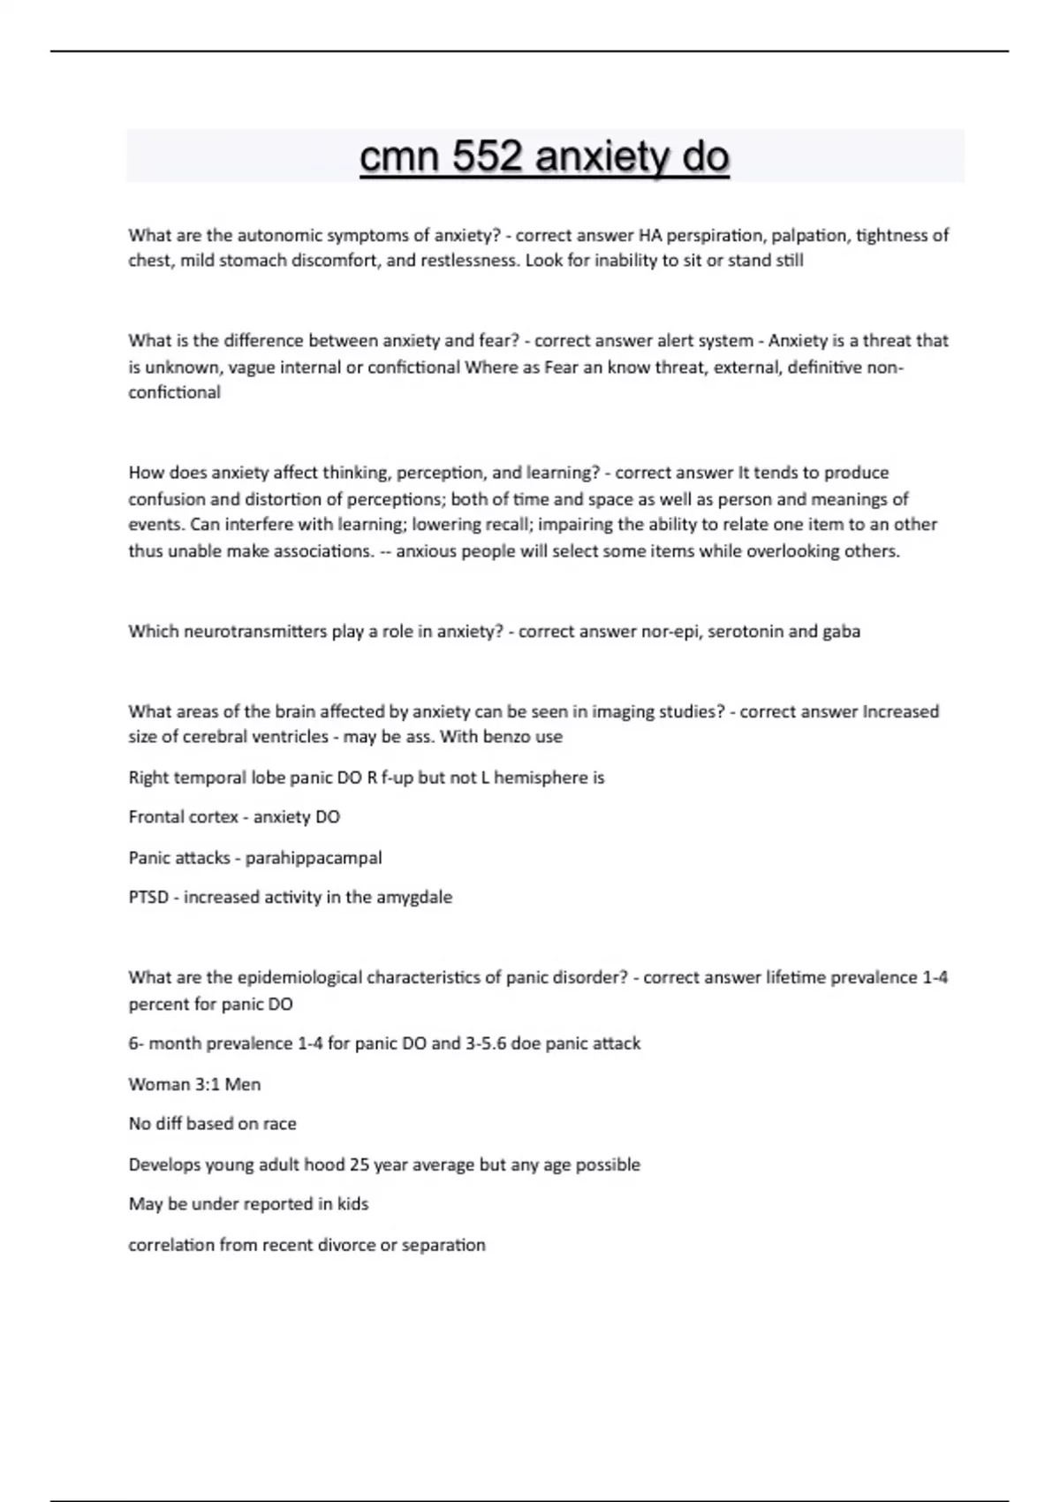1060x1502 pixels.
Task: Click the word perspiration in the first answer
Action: coord(715,235)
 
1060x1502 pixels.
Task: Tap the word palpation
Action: coord(809,235)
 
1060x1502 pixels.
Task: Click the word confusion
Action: coord(165,498)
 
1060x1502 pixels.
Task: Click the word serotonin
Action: coord(746,632)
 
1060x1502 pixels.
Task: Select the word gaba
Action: coord(841,632)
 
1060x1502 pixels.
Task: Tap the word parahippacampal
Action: coord(314,858)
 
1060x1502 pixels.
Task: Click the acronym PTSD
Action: coord(148,898)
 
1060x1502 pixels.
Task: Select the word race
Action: coord(279,1124)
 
